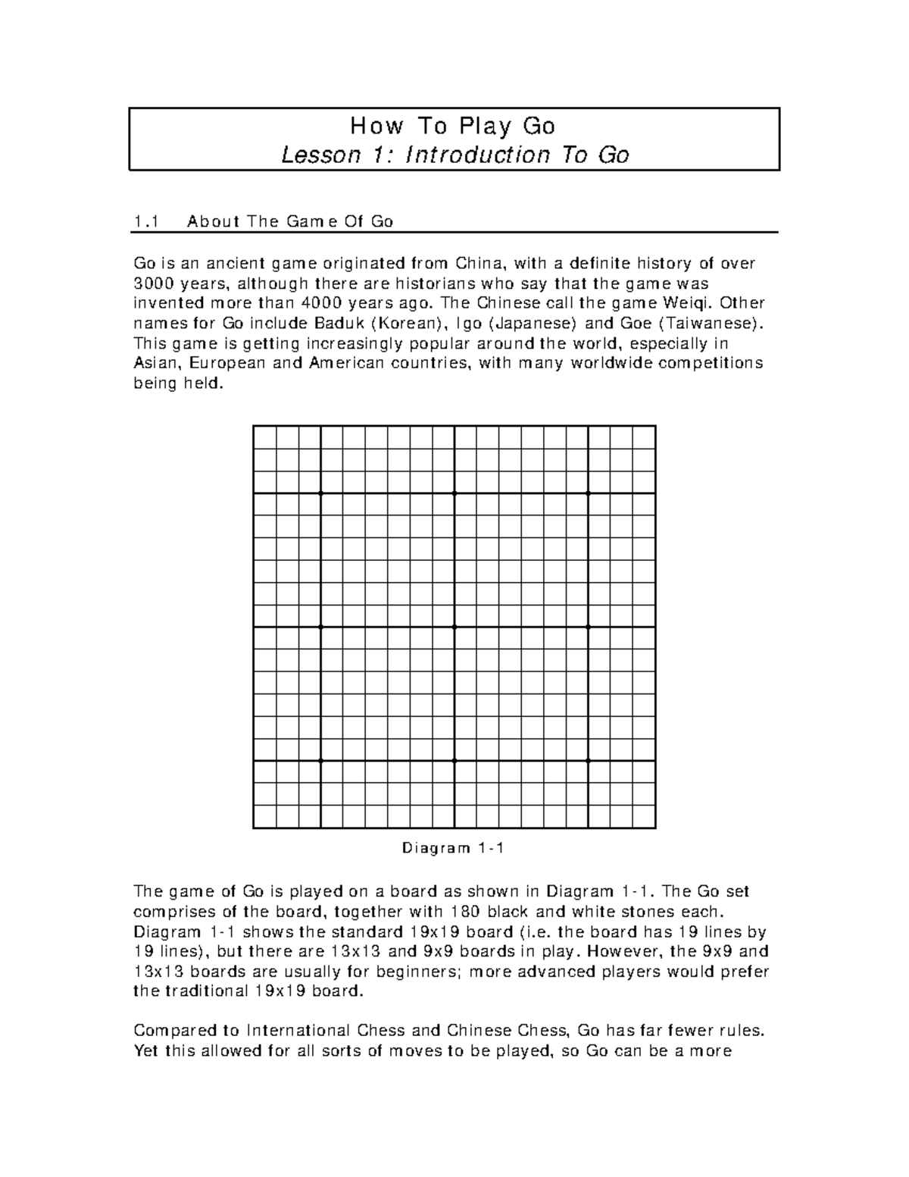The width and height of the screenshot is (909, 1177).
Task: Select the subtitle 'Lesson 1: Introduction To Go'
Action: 454,155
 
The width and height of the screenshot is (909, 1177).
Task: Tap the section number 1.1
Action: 145,221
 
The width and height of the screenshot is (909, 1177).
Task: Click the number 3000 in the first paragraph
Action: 150,283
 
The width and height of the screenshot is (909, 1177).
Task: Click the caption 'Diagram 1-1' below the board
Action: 454,849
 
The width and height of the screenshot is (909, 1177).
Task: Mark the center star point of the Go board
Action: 454,627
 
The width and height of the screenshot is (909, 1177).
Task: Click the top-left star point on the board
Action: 320,493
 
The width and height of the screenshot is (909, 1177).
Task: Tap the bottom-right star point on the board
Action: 588,760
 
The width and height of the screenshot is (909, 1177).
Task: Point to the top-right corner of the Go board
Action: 654,427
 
